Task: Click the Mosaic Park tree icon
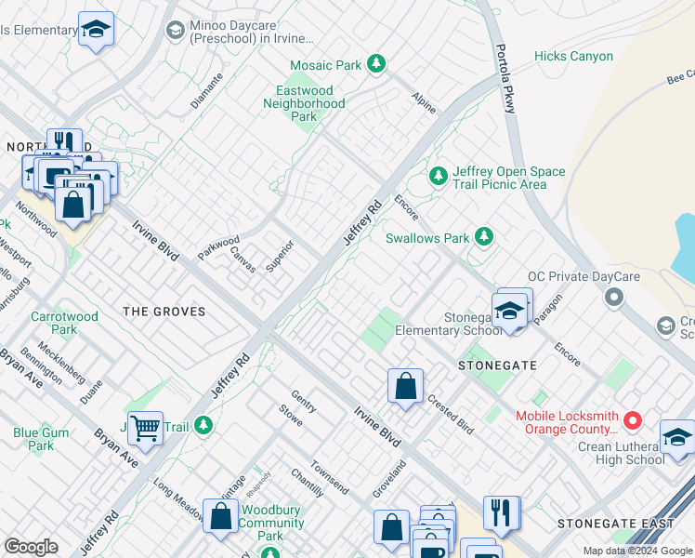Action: (376, 64)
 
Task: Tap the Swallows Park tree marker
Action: (483, 237)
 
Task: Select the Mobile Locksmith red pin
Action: (633, 421)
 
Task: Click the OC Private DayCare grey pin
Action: (612, 298)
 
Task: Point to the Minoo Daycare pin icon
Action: (174, 31)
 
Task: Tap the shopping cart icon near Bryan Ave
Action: (145, 429)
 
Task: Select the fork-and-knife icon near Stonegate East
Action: (501, 512)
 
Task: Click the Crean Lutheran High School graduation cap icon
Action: (677, 437)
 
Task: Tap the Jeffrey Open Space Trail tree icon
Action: (438, 175)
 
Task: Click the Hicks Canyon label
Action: (573, 57)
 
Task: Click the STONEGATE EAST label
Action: (616, 525)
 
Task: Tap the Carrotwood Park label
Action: (64, 323)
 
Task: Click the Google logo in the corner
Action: (31, 547)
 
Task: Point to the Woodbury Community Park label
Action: (272, 523)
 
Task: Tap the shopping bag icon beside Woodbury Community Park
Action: (221, 517)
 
